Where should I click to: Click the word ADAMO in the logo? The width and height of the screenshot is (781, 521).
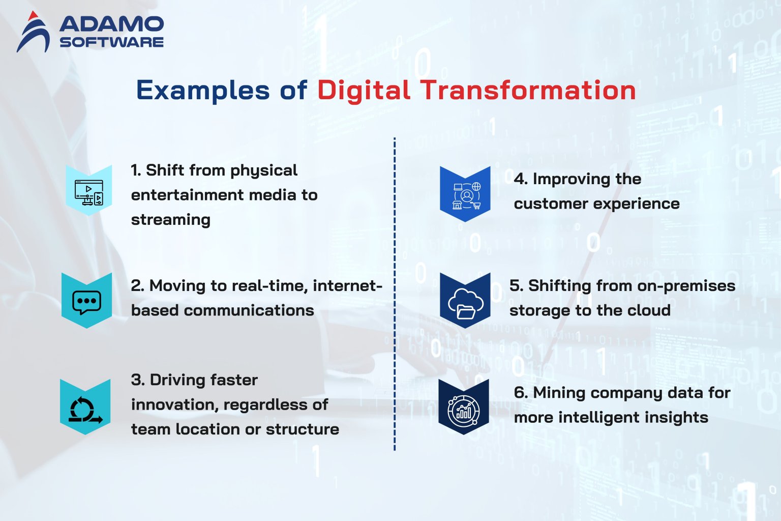coord(111,24)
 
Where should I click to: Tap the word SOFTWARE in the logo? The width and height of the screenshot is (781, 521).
coord(111,42)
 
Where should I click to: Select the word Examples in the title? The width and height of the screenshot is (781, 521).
coord(202,91)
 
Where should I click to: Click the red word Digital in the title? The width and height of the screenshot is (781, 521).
coord(364,91)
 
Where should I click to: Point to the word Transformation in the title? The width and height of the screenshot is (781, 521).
coord(528,91)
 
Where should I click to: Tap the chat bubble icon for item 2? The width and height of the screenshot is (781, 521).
coord(86,301)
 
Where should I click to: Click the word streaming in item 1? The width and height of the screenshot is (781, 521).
coord(170,220)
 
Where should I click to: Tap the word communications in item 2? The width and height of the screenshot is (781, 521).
coord(249,310)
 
